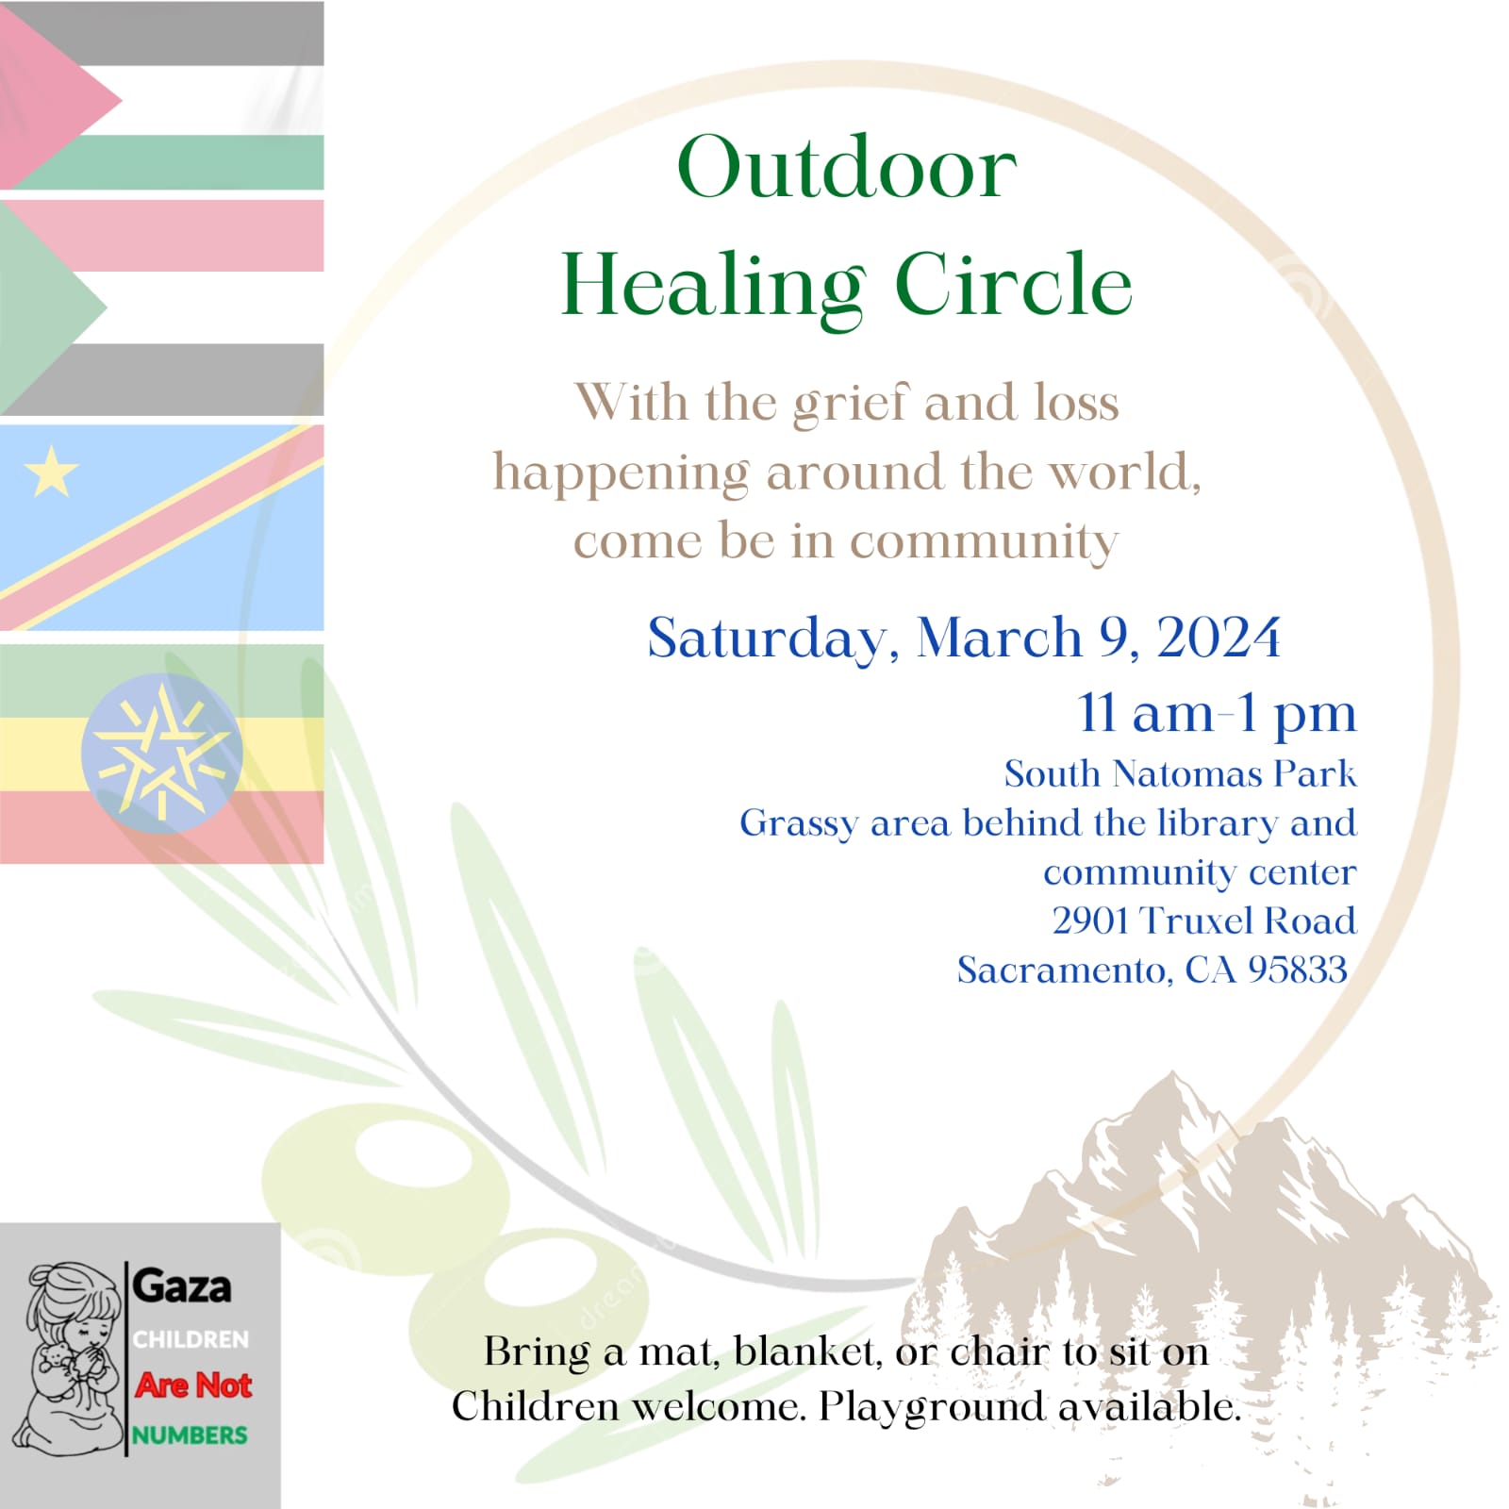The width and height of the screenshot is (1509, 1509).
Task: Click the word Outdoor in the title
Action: coord(846,167)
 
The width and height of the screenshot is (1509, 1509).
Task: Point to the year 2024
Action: coord(1219,638)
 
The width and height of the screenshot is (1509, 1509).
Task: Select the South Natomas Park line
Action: coord(1180,773)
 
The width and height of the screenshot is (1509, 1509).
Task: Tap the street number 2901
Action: coord(1092,920)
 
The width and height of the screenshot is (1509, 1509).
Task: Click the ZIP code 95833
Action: coord(1298,970)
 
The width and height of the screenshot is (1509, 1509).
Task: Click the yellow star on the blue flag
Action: coord(51,471)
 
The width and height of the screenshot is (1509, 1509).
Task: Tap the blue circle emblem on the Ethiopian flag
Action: coord(161,753)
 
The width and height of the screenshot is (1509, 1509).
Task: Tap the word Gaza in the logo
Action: coord(182,1286)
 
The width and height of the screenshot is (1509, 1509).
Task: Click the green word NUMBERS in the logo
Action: coord(190,1434)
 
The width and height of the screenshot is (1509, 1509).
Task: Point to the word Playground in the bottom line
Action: coord(931,1407)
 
